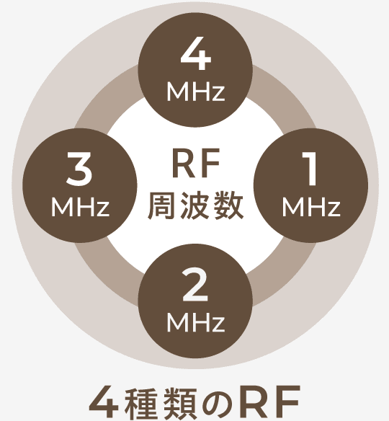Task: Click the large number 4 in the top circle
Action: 195,53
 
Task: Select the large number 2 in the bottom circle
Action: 195,285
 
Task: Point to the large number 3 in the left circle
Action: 79,169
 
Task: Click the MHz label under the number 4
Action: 195,91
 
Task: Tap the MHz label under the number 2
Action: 195,322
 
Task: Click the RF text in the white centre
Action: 196,164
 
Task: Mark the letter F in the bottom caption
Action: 287,402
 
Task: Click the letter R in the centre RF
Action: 183,164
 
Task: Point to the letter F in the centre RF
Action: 210,164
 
